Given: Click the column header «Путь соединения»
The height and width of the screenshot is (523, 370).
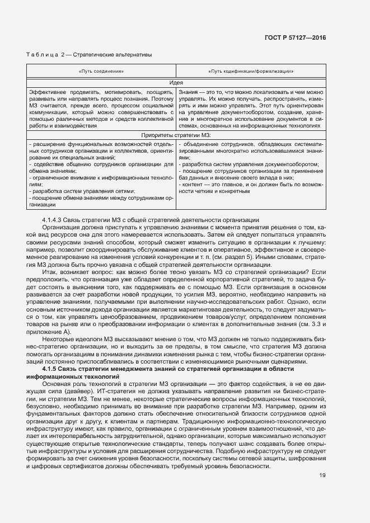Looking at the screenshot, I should (101, 72).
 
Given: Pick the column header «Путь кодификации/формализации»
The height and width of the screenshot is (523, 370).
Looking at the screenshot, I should (251, 72).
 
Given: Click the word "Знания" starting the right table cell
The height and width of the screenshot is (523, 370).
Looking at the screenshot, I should (188, 91).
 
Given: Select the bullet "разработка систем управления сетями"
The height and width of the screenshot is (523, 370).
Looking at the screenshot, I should (71, 191).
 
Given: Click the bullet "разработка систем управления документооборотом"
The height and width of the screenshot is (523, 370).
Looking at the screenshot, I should (249, 164).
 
